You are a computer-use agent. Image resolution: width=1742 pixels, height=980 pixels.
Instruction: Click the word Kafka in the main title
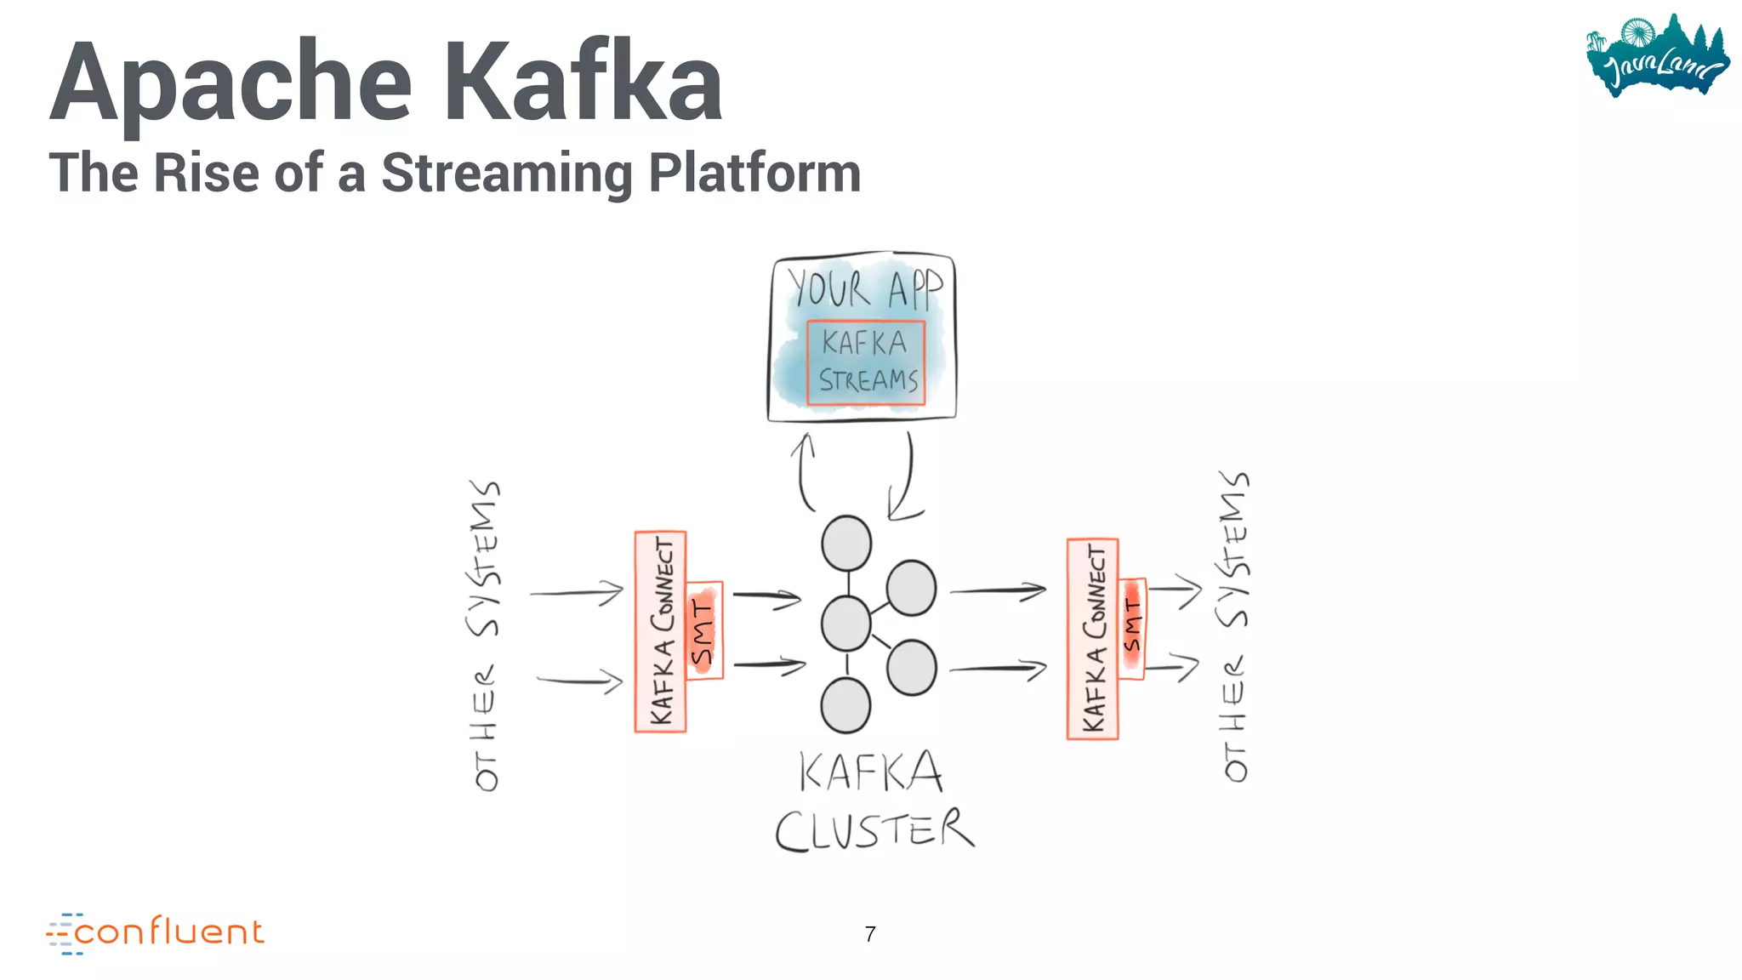(583, 83)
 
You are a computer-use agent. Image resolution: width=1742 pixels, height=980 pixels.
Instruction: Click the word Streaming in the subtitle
(506, 173)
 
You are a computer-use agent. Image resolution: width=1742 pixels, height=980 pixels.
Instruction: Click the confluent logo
(156, 933)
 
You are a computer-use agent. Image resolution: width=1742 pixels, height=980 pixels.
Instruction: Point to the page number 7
(869, 934)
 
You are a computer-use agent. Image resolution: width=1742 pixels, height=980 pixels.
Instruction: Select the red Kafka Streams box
(866, 362)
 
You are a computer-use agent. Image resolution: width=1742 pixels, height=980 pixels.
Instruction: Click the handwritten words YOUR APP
(864, 289)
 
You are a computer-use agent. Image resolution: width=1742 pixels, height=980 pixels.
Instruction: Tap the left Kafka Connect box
(660, 631)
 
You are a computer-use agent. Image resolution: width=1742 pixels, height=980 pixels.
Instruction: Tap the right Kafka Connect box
(1092, 639)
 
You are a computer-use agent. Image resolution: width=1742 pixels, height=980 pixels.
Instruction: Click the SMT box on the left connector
(704, 630)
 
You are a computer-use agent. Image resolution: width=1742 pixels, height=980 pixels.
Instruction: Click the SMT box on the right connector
(1132, 628)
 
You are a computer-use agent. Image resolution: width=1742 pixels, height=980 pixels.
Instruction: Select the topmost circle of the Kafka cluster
(846, 543)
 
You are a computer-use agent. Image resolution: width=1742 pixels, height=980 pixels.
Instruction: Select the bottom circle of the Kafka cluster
(845, 705)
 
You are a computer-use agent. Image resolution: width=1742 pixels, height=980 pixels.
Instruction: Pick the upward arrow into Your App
(804, 471)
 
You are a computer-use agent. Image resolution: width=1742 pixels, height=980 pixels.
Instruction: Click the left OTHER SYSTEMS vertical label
(485, 635)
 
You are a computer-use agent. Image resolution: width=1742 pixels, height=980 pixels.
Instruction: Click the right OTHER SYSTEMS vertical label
(1234, 626)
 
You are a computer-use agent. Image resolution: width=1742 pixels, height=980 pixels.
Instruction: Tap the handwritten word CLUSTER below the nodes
(874, 829)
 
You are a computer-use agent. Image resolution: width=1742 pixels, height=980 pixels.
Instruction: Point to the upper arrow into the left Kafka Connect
(578, 592)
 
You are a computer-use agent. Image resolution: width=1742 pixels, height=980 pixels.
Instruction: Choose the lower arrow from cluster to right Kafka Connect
(998, 669)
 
